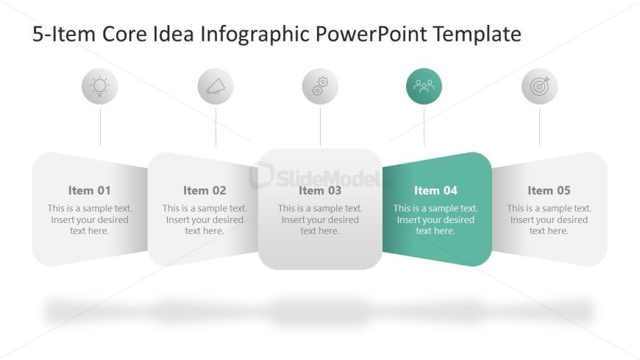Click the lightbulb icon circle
[99, 86]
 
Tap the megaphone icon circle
[216, 86]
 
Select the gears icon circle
[320, 86]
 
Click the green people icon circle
[424, 86]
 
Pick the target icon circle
[540, 86]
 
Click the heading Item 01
[90, 191]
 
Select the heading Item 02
[205, 191]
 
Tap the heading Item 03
[320, 191]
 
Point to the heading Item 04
[435, 191]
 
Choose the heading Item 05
[549, 191]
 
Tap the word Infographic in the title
[255, 35]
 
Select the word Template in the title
[477, 35]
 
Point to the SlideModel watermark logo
[321, 176]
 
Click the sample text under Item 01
[90, 220]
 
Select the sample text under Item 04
[435, 220]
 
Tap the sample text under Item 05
[549, 220]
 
